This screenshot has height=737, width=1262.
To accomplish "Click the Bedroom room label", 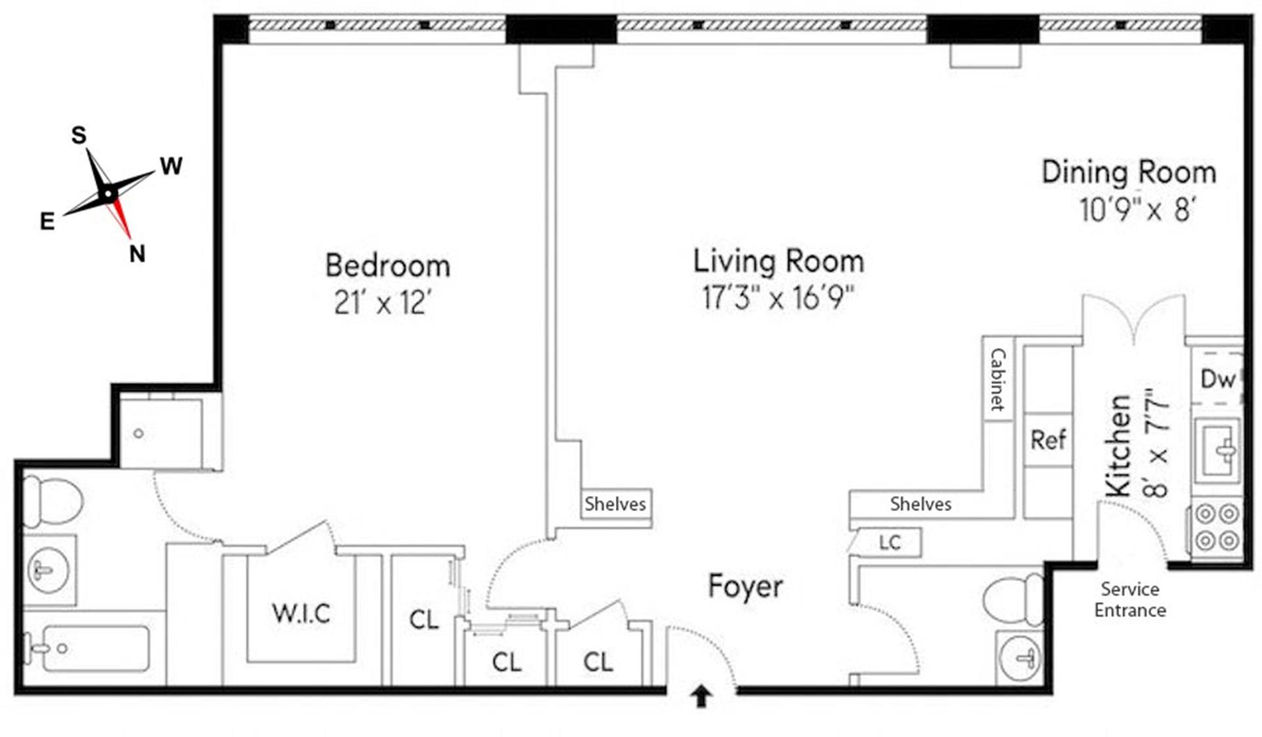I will pyautogui.click(x=388, y=266).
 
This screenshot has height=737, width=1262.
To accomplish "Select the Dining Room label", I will pyautogui.click(x=1129, y=172).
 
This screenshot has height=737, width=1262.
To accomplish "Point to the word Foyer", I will pyautogui.click(x=745, y=586).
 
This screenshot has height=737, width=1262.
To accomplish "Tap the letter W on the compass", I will pyautogui.click(x=171, y=166).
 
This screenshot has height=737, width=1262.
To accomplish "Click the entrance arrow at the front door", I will pyautogui.click(x=701, y=696).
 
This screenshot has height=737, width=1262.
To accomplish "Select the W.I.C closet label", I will pyautogui.click(x=301, y=613).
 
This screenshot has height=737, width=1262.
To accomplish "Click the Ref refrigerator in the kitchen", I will pyautogui.click(x=1048, y=440).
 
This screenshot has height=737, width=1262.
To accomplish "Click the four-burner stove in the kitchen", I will pyautogui.click(x=1217, y=527).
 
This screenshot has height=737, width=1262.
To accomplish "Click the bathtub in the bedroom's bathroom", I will pyautogui.click(x=92, y=648).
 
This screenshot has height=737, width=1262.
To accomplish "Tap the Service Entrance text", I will pyautogui.click(x=1129, y=599).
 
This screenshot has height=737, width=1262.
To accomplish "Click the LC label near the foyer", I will pyautogui.click(x=889, y=542).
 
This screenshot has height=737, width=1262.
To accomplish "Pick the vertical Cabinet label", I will pyautogui.click(x=998, y=379).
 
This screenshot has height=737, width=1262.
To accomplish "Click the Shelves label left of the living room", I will pyautogui.click(x=615, y=504).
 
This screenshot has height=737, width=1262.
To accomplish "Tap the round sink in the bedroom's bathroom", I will pyautogui.click(x=48, y=569).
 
